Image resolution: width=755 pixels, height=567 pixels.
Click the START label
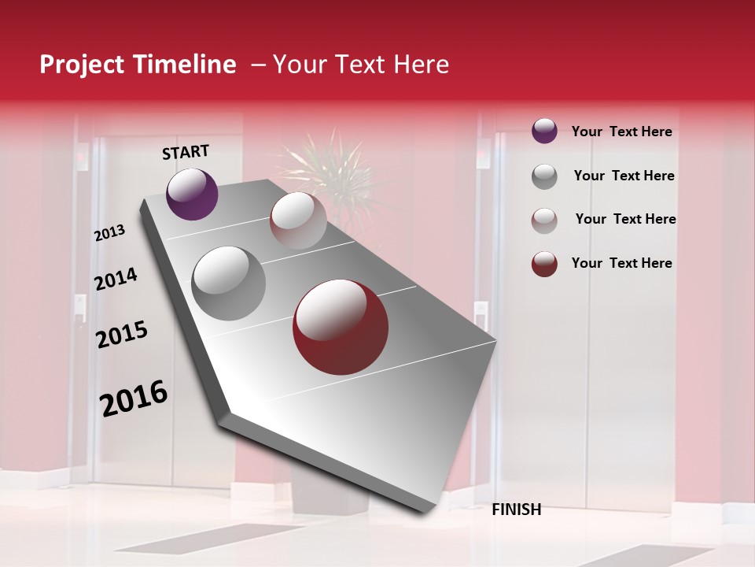pos(186,152)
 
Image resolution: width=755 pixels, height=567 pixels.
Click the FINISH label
pos(516,510)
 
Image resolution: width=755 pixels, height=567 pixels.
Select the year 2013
pos(110,233)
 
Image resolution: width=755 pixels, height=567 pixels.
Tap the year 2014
pos(116,279)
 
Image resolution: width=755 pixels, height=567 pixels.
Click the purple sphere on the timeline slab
pos(192,194)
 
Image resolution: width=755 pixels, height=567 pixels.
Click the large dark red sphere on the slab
pos(341,327)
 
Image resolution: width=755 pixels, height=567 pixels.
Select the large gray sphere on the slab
pos(229,283)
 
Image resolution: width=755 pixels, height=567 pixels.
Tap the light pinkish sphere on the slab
pos(298,220)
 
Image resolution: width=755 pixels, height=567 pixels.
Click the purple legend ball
pos(544,131)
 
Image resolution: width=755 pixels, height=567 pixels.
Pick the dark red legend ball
pos(544,264)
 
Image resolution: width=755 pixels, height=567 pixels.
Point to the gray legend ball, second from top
pos(544,176)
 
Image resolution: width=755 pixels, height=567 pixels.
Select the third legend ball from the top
pos(544,220)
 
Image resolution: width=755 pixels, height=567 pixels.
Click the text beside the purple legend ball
pos(621,132)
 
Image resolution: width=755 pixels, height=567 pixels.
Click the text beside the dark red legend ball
pos(621,263)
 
